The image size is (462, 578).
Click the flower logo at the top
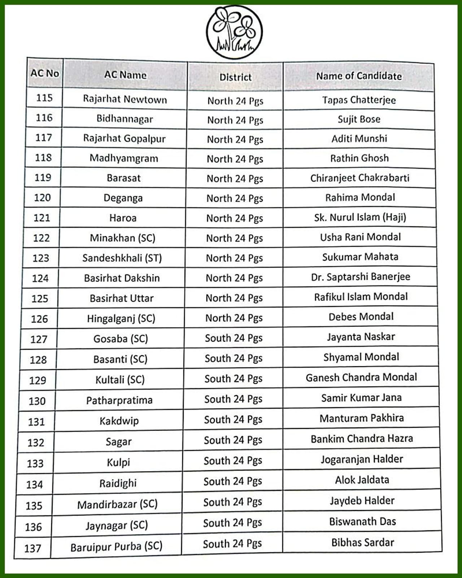tap(234, 32)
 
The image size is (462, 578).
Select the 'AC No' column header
tap(45, 73)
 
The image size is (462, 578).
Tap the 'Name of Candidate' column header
tap(359, 76)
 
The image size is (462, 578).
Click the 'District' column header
tap(235, 77)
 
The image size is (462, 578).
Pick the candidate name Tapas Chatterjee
tap(359, 100)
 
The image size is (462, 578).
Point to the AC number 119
tap(43, 177)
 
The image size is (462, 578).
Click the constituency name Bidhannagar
tap(125, 119)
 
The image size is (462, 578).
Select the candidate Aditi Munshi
tap(359, 139)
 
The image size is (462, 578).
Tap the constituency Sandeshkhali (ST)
tap(122, 258)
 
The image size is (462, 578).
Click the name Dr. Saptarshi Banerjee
tap(361, 277)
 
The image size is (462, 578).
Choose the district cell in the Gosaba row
tap(234, 338)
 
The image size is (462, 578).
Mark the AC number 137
tap(33, 548)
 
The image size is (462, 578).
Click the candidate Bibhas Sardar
tap(363, 542)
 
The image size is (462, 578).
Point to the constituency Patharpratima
tap(119, 400)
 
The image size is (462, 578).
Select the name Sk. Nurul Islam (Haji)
tap(360, 217)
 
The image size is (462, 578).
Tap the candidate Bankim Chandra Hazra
tap(362, 439)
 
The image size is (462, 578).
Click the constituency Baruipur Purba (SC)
tap(116, 547)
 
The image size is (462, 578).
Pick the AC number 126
tap(39, 319)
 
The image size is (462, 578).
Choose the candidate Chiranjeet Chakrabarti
tap(360, 178)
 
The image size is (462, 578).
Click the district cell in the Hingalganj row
tap(234, 318)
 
